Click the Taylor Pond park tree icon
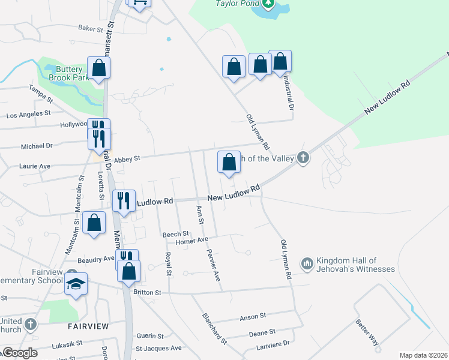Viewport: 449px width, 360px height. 268,4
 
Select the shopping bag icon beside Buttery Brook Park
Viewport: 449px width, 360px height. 99,68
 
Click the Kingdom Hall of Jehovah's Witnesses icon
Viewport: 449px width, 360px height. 307,263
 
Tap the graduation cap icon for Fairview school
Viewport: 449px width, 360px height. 76,284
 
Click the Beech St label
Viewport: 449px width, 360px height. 175,234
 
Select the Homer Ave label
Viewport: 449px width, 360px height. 191,242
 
